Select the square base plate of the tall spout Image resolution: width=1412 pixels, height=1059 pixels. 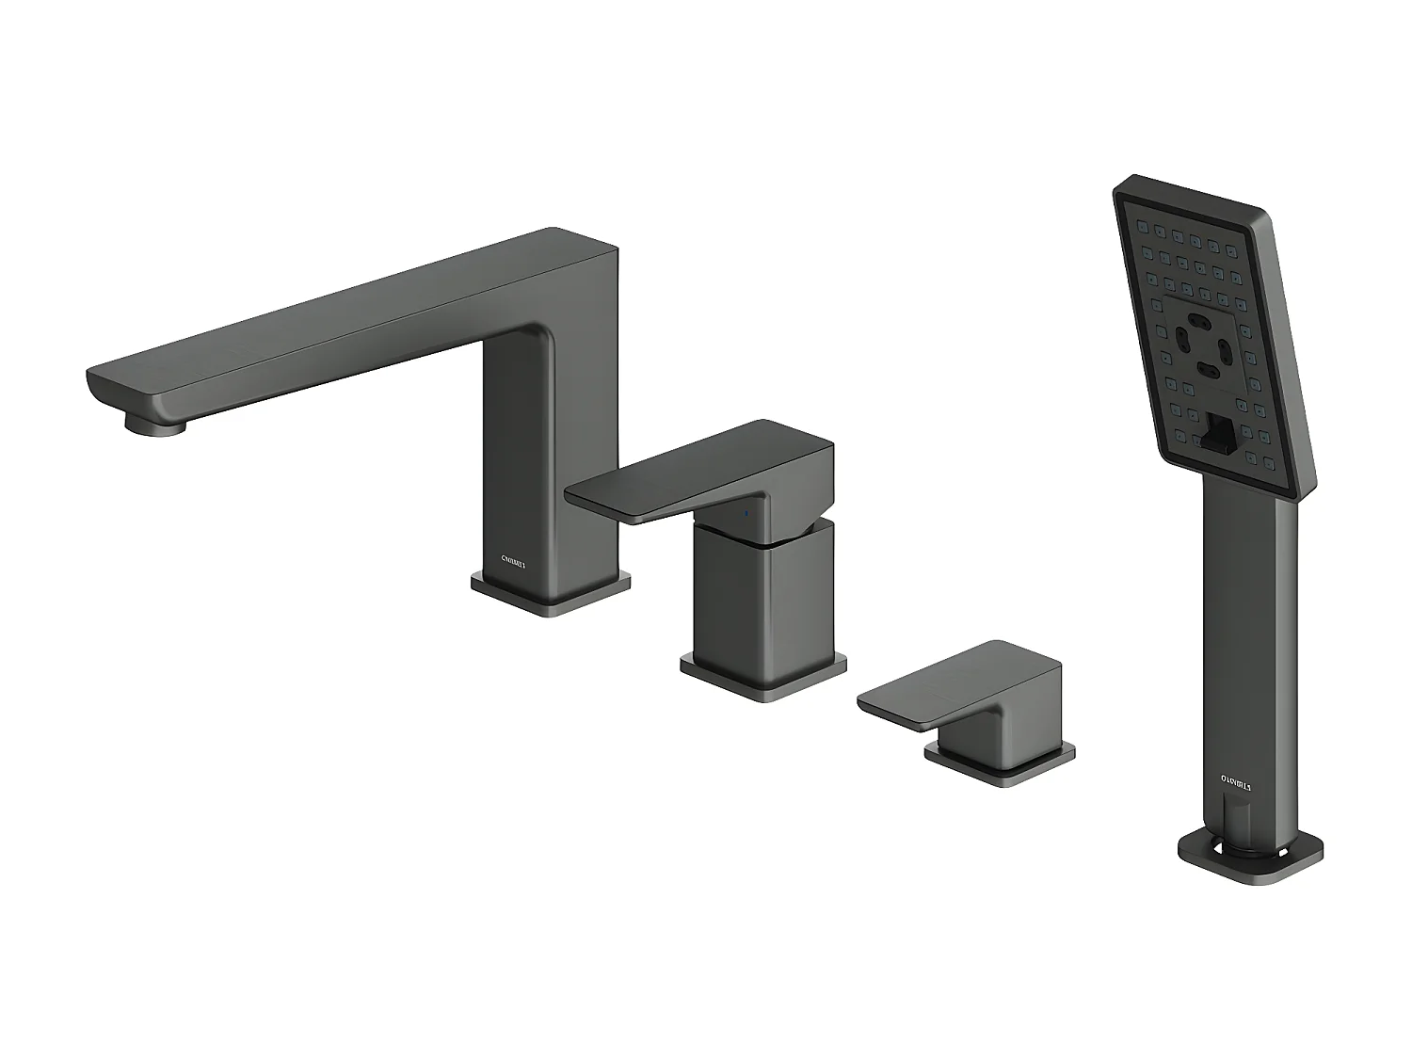550,595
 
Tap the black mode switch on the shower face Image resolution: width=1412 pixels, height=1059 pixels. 1220,433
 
